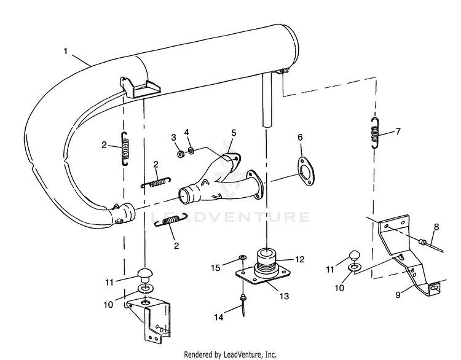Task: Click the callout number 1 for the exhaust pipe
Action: [65, 52]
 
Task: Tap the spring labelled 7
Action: [374, 131]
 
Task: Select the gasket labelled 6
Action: [302, 168]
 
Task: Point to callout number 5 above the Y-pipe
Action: [234, 133]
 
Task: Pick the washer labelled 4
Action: [191, 151]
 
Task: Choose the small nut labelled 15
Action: [242, 256]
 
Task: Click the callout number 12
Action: [299, 259]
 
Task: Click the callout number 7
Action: [398, 131]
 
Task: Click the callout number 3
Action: [174, 136]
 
